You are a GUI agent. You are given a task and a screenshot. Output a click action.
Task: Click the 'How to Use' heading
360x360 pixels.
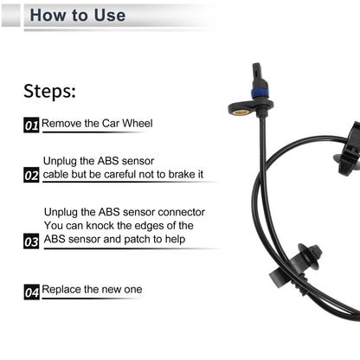tap(77, 16)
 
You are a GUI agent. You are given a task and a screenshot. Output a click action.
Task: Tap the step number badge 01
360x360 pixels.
tap(31, 125)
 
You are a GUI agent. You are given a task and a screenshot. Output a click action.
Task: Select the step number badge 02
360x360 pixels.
tap(31, 176)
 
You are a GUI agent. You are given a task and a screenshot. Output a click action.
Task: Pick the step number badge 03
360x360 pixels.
tap(31, 242)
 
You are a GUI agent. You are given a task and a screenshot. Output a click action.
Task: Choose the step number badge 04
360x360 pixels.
tap(31, 292)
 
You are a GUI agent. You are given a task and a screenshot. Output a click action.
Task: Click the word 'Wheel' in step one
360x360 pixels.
tap(138, 124)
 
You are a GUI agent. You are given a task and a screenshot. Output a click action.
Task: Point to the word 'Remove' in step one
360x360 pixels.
tap(61, 124)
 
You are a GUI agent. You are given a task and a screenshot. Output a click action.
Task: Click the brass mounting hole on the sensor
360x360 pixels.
tap(241, 112)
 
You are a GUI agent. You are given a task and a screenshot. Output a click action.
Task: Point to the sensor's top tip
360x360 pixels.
tap(257, 67)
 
